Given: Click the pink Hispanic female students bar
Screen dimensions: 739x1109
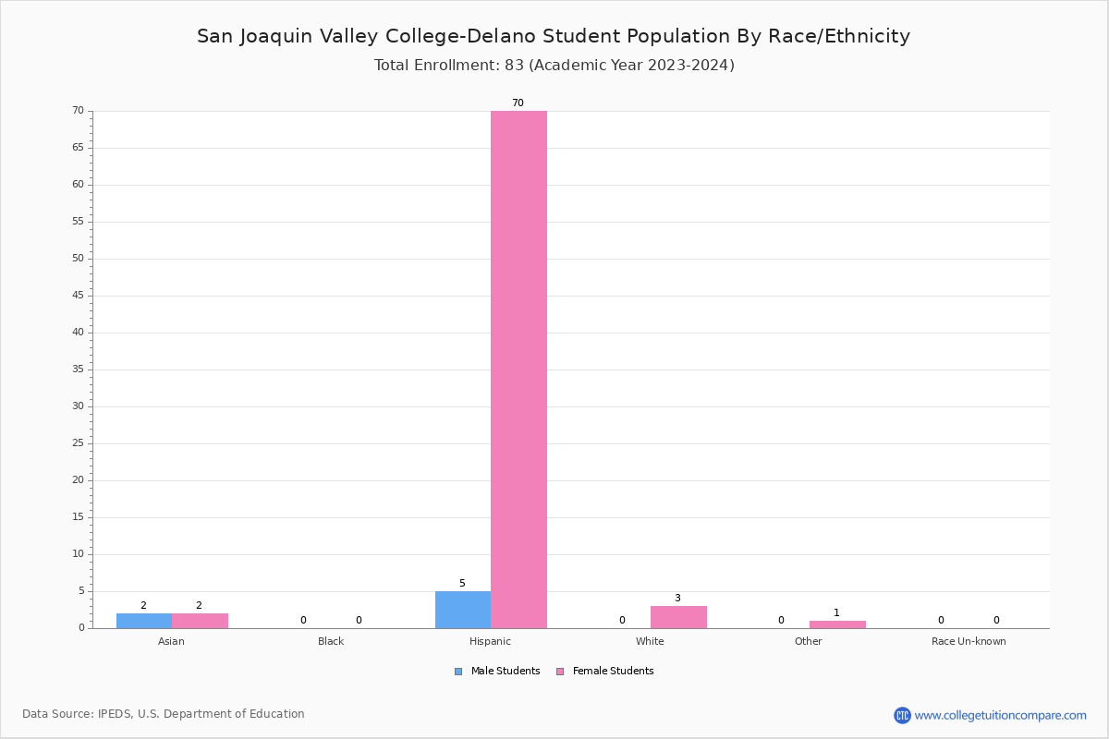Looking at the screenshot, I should [518, 369].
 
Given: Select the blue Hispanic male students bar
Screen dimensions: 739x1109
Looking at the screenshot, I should [463, 610].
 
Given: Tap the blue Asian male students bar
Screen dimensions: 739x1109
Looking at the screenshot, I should [144, 621].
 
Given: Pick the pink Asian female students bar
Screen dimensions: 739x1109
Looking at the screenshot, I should [200, 621].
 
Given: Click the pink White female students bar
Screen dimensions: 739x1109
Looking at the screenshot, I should [678, 617].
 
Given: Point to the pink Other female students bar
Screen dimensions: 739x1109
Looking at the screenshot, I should [837, 624].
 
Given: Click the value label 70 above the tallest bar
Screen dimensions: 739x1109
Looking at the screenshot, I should [518, 103].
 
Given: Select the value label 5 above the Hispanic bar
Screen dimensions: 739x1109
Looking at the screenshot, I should [462, 584].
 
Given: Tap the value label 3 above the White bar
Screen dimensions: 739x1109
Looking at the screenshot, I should [677, 599].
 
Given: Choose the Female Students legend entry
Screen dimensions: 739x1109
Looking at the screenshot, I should [605, 672].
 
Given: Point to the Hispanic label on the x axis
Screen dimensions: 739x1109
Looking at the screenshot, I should [490, 641].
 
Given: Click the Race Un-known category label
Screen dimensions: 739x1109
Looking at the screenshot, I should [969, 641].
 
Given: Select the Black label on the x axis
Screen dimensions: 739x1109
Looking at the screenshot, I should [331, 641].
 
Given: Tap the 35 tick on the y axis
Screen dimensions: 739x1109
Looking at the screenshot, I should [78, 369].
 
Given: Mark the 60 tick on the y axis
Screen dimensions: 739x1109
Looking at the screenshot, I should [78, 185].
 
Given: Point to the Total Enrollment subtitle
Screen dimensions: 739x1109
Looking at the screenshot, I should [554, 66].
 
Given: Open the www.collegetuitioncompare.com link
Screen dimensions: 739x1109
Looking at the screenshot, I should [1000, 715].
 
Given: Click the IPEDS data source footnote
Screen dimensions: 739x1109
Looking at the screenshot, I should [164, 714].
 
